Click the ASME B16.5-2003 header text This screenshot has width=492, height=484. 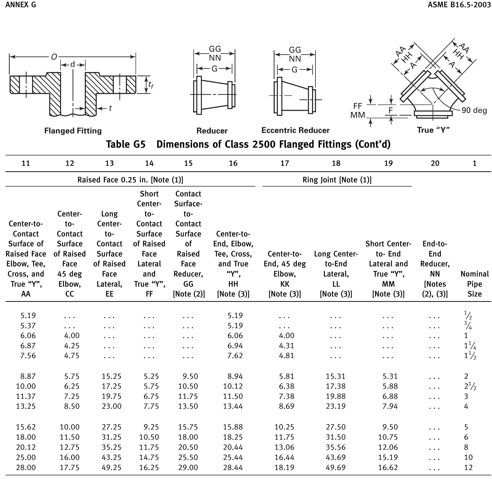click(459, 5)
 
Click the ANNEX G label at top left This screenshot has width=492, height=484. click(20, 5)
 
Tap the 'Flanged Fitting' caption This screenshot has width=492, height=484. click(73, 131)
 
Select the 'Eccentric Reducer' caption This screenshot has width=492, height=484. click(295, 130)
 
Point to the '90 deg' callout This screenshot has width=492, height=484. click(474, 110)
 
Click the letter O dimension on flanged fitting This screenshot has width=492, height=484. click(54, 57)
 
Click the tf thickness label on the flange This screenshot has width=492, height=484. click(150, 85)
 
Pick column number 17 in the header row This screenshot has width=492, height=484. click(285, 163)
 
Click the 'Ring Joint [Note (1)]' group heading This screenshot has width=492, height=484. click(337, 180)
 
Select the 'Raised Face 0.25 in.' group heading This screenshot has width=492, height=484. click(130, 180)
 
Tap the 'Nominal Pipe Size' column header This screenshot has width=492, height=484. click(474, 284)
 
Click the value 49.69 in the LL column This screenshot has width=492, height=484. click(336, 467)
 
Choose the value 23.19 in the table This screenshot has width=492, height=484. click(336, 406)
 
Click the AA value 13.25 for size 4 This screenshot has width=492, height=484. click(26, 406)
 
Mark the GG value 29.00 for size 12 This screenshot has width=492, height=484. click(188, 467)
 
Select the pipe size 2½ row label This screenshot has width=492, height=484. click(470, 386)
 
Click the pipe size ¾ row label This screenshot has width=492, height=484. click(468, 326)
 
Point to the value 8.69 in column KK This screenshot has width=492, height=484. click(287, 406)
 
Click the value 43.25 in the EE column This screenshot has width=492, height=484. click(111, 457)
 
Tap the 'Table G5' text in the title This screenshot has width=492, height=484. click(126, 144)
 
